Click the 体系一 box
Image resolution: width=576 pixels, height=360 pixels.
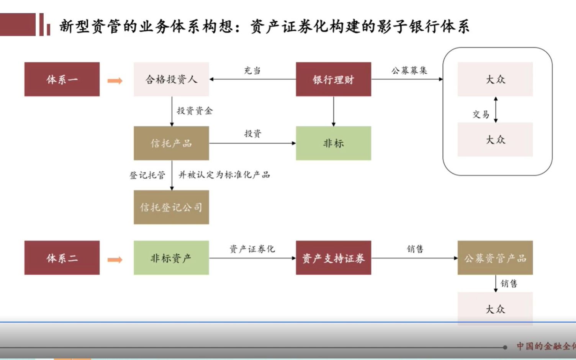click(x=62, y=79)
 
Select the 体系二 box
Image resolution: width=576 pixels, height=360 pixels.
click(x=62, y=258)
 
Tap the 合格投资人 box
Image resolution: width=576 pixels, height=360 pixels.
click(x=171, y=79)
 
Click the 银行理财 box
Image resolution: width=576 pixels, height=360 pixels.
click(x=333, y=79)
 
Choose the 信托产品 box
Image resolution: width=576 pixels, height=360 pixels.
click(x=171, y=143)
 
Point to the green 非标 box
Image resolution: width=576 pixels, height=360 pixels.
click(x=333, y=143)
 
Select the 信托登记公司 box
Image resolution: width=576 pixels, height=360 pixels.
click(x=171, y=207)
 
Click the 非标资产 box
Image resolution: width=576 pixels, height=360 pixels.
click(x=171, y=258)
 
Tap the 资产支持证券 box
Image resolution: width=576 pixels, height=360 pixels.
click(x=333, y=258)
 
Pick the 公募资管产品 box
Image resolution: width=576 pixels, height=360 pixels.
click(x=495, y=258)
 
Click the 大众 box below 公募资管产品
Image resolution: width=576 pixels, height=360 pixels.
click(x=495, y=308)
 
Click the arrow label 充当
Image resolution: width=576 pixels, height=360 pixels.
click(x=252, y=70)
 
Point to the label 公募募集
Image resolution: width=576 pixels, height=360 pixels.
click(x=409, y=70)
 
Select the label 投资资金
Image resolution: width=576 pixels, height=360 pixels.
click(x=195, y=111)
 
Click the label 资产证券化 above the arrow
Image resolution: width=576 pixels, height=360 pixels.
click(x=252, y=249)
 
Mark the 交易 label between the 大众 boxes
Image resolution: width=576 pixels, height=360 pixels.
click(x=481, y=114)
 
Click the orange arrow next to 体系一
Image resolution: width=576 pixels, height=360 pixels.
click(x=115, y=81)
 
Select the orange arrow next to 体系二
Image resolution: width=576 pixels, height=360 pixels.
click(x=115, y=260)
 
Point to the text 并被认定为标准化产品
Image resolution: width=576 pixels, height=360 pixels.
click(x=224, y=175)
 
